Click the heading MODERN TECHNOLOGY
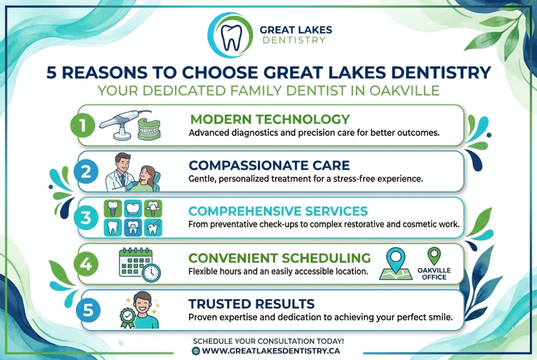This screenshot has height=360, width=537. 270,118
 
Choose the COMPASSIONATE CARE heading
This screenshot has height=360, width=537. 269,166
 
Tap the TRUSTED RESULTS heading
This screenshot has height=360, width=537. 252,303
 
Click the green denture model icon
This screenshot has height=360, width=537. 152,128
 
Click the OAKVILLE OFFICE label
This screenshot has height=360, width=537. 434,274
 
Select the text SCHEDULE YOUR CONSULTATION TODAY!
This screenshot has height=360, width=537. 268,341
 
